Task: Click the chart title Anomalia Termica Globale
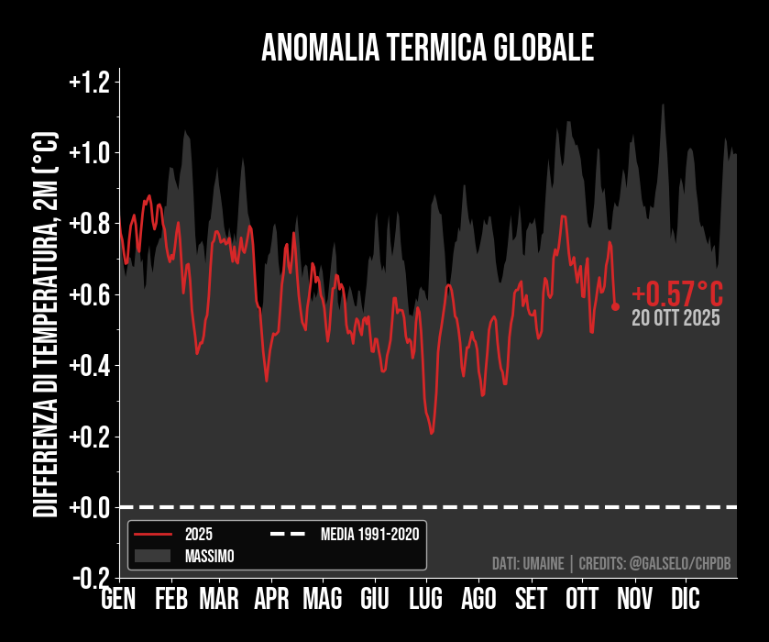pyautogui.click(x=427, y=48)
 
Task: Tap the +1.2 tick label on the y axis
pyautogui.click(x=89, y=83)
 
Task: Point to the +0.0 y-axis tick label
pyautogui.click(x=89, y=507)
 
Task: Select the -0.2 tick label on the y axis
pyautogui.click(x=91, y=578)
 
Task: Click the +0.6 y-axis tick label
pyautogui.click(x=89, y=294)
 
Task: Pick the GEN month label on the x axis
pyautogui.click(x=118, y=600)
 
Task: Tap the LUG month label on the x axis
pyautogui.click(x=425, y=600)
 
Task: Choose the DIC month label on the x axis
pyautogui.click(x=684, y=600)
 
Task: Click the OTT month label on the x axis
pyautogui.click(x=582, y=600)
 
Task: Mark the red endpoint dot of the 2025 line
pyautogui.click(x=616, y=306)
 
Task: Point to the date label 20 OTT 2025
pyautogui.click(x=676, y=319)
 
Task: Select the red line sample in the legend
pyautogui.click(x=152, y=534)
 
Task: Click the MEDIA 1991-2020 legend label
pyautogui.click(x=370, y=534)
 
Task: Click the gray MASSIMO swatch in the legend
pyautogui.click(x=152, y=556)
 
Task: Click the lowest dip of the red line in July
pyautogui.click(x=431, y=433)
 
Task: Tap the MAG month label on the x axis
pyautogui.click(x=322, y=600)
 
